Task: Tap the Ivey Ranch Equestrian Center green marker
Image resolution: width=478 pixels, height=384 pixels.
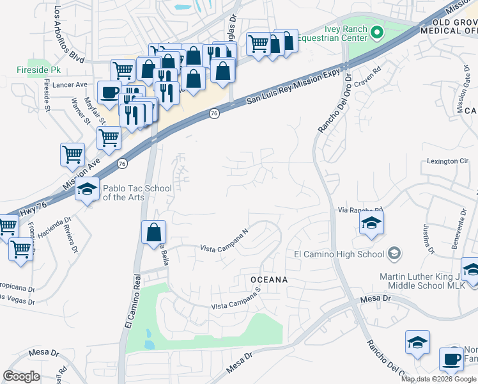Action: pos(377,32)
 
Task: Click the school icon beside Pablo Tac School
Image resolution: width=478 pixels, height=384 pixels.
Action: pos(87,189)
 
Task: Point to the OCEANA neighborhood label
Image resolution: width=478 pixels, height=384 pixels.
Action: pos(268,280)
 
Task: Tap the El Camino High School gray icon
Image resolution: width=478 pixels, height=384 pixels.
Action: pos(394,254)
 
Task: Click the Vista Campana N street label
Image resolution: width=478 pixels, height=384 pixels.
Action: pos(224,240)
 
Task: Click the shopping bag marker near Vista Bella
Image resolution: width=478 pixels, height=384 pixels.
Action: pos(154,232)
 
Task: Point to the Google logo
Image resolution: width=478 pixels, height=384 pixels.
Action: pos(22,376)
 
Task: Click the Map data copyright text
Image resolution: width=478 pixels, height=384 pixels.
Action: pos(438,379)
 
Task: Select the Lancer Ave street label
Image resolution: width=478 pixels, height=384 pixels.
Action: pos(70,84)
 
